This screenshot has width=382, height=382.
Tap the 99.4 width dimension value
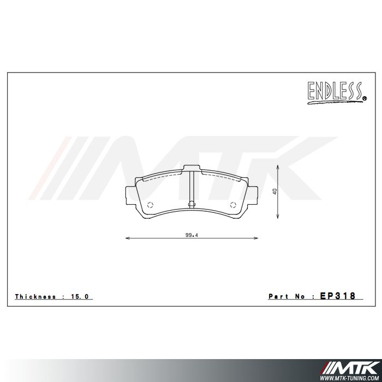pyautogui.click(x=190, y=235)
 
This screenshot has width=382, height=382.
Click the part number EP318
pyautogui.click(x=338, y=296)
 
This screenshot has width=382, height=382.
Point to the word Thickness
pyautogui.click(x=35, y=297)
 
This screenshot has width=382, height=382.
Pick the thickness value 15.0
pyautogui.click(x=79, y=297)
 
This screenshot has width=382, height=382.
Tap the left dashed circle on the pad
pyautogui.click(x=151, y=205)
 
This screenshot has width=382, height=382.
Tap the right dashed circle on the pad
pyautogui.click(x=233, y=205)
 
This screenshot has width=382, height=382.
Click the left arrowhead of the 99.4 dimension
pyautogui.click(x=127, y=238)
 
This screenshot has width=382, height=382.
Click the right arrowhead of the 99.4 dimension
pyautogui.click(x=257, y=238)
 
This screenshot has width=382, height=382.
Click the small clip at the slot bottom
pyautogui.click(x=192, y=205)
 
